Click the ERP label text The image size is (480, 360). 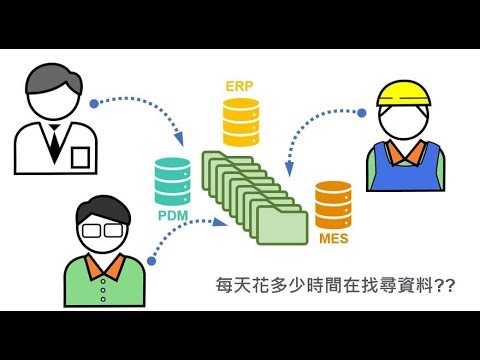[x=241, y=86]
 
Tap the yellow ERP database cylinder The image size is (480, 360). [x=241, y=122]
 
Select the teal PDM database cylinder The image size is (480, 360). [x=172, y=182]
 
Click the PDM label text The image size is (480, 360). [x=172, y=214]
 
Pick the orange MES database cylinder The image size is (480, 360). [x=333, y=205]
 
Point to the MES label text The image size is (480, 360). [x=333, y=239]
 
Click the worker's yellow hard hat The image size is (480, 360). [x=403, y=94]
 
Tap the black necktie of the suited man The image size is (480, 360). [x=53, y=146]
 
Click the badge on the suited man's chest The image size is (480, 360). [x=79, y=156]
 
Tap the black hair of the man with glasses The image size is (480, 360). [x=104, y=208]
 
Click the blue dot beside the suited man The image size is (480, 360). [x=94, y=103]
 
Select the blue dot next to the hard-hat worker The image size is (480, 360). [x=362, y=113]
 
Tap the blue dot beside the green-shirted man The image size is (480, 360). [x=151, y=261]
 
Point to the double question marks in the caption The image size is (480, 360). [x=446, y=285]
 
